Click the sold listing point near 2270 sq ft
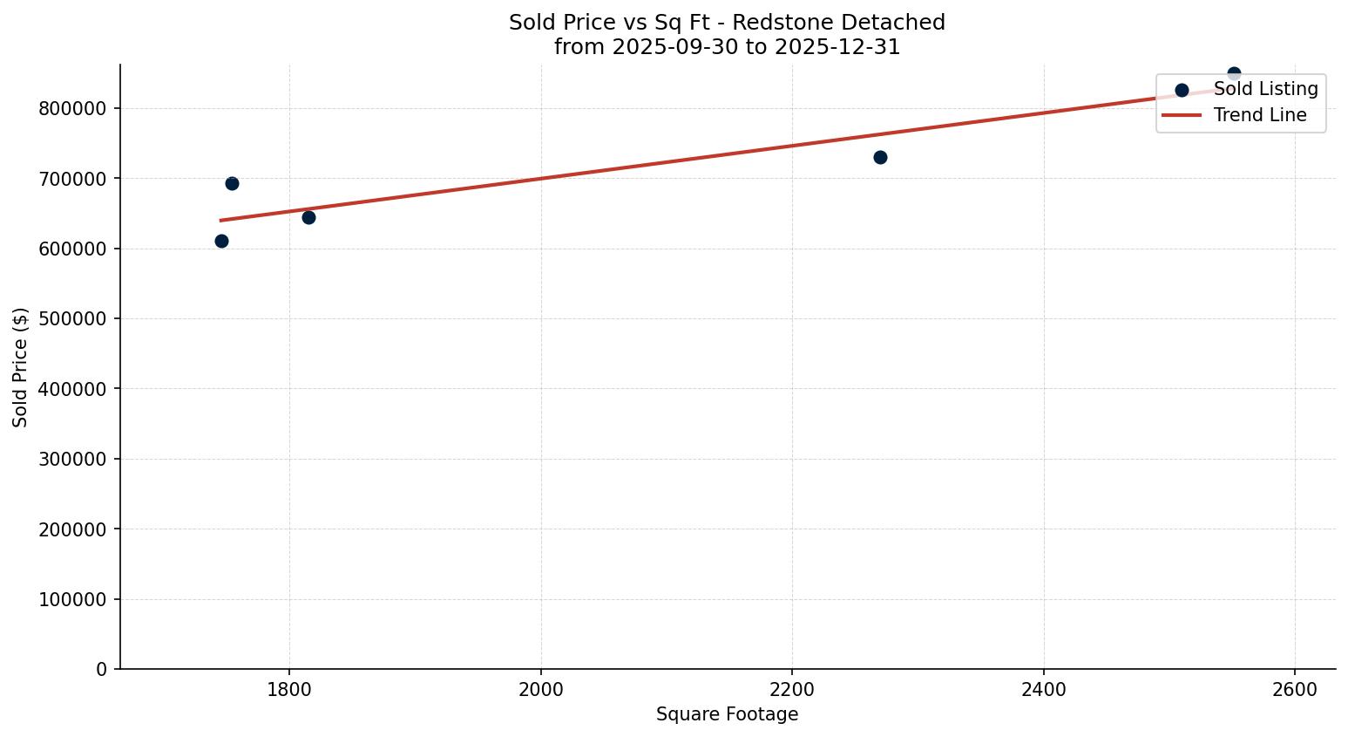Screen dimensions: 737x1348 tap(880, 157)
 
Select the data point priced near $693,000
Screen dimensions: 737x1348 tap(232, 183)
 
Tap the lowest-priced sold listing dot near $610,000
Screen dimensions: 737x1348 tap(221, 241)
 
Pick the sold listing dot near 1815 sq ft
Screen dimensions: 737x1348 tap(308, 217)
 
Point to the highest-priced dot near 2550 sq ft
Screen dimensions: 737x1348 tap(1234, 74)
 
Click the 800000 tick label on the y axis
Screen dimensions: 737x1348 tap(72, 109)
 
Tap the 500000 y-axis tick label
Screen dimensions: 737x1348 tap(72, 319)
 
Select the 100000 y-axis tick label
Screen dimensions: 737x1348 tap(72, 600)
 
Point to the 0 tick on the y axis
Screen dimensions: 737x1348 tap(102, 670)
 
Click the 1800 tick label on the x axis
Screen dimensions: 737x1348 tap(289, 689)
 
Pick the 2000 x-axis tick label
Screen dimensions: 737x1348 tap(541, 689)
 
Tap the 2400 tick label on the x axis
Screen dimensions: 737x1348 tap(1044, 689)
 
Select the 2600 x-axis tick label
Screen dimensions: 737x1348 tap(1295, 689)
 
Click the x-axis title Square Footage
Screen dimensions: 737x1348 tap(727, 714)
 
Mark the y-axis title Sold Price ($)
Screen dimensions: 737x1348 tap(21, 367)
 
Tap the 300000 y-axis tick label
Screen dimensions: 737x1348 tap(72, 460)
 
